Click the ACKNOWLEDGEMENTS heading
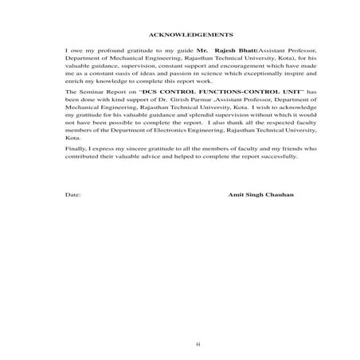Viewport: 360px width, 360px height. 190,36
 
